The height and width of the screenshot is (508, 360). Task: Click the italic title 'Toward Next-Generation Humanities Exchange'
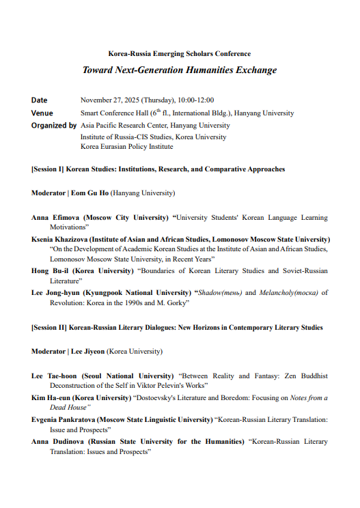(x=180, y=70)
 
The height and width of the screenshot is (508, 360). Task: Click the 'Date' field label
(x=40, y=100)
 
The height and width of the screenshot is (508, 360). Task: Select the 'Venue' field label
(x=42, y=113)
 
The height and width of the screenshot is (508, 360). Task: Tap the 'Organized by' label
(x=54, y=126)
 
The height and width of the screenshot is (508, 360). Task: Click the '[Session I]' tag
(x=47, y=169)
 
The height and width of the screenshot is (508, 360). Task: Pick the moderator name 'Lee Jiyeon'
(x=89, y=352)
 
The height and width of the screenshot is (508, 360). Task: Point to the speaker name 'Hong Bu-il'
(x=48, y=271)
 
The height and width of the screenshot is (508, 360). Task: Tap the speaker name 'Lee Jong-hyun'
(x=54, y=292)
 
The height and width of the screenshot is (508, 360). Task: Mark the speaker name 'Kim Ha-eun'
(x=50, y=397)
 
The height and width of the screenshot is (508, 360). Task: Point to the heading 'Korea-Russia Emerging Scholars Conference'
(x=180, y=54)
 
